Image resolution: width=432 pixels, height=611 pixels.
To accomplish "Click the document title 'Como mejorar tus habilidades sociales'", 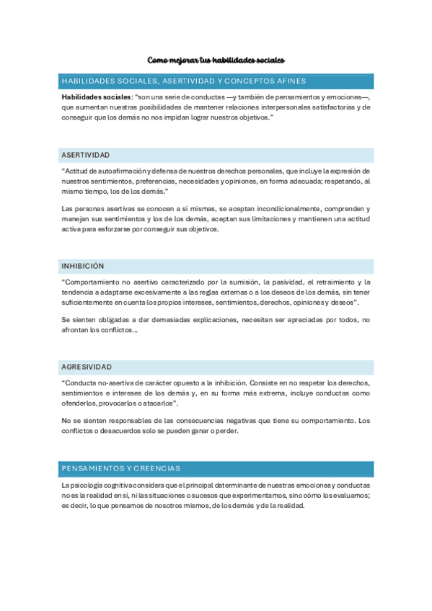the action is point(216,60).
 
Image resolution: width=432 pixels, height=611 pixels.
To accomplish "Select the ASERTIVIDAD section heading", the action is point(86,155).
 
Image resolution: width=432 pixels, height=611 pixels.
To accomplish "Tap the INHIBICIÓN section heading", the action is point(83,266).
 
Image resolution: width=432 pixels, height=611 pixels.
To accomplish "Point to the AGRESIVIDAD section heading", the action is point(87,367).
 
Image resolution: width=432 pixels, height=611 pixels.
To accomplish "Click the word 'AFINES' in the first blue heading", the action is point(288,81).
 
